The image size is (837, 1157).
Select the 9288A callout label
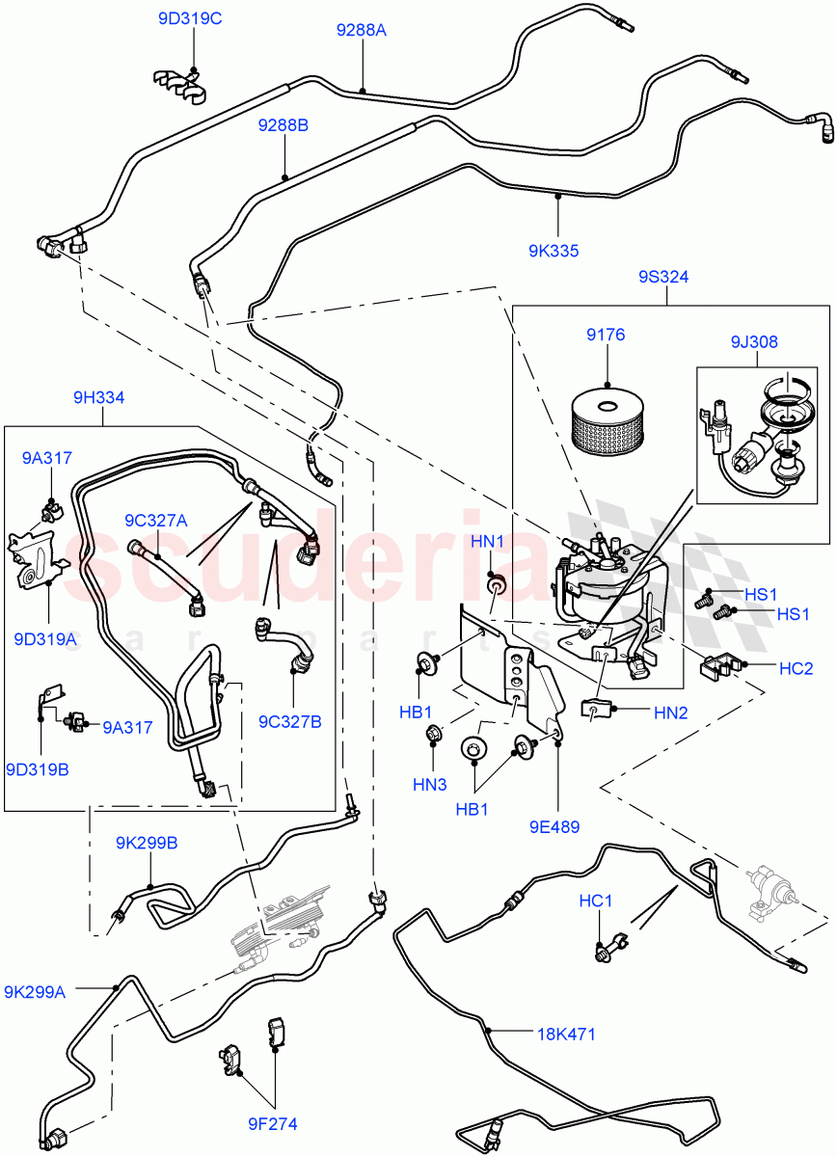(x=361, y=30)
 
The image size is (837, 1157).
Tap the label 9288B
(x=283, y=125)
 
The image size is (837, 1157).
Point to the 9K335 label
(x=553, y=251)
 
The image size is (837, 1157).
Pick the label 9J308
(x=753, y=341)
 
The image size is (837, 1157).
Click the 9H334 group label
(x=98, y=397)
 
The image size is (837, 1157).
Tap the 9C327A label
(x=156, y=521)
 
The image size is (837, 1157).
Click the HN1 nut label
(x=488, y=542)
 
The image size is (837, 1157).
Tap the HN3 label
(x=431, y=785)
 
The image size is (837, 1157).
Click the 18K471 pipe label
(x=566, y=1035)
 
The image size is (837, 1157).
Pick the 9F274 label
(x=271, y=1122)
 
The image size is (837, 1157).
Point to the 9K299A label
(x=35, y=991)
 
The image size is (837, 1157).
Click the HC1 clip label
(x=596, y=901)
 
